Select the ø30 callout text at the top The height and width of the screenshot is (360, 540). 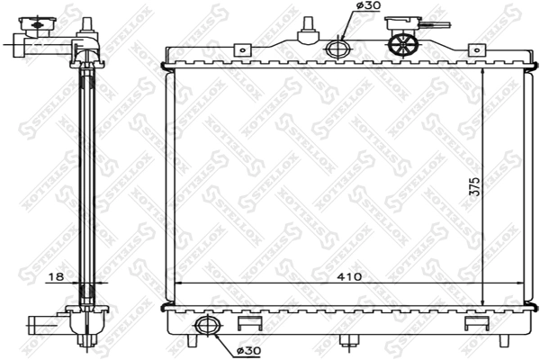[368, 7]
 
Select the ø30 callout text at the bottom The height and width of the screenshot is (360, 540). [249, 350]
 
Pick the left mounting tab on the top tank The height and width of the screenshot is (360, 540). [240, 51]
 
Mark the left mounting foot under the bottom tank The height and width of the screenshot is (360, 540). [193, 342]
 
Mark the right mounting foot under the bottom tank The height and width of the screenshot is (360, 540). [498, 342]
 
